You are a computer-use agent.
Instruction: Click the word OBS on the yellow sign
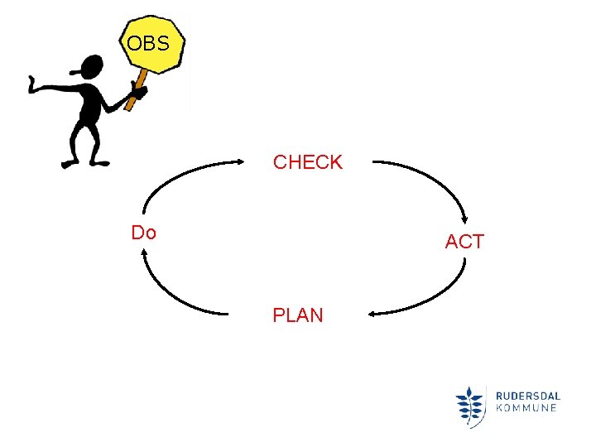[x=148, y=43]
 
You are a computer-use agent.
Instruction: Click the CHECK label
[x=308, y=162]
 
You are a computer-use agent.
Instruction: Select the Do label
[x=144, y=233]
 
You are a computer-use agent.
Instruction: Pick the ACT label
[x=464, y=242]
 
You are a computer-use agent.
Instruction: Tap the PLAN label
[x=298, y=315]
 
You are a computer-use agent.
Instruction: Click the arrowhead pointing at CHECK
[x=253, y=162]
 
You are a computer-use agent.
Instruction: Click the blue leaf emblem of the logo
[x=470, y=406]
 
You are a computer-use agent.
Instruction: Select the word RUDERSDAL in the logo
[x=526, y=394]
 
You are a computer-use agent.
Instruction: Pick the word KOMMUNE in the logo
[x=526, y=407]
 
